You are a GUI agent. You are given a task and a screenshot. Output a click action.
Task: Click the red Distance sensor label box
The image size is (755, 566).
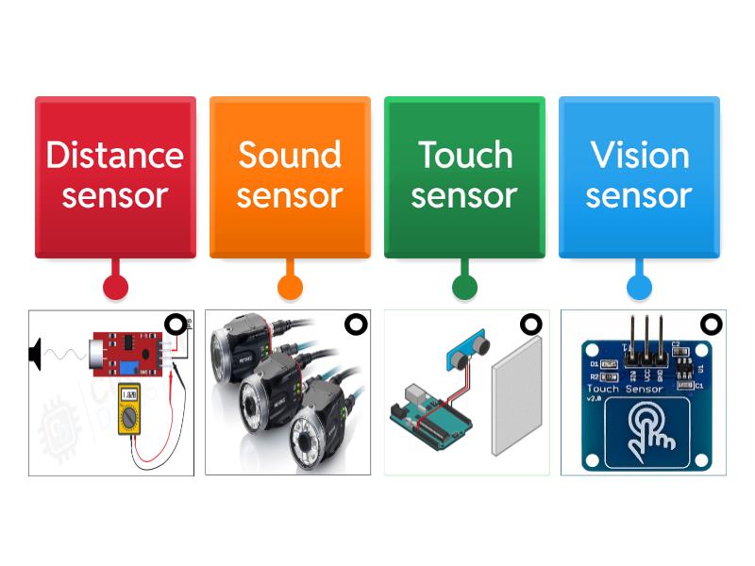tap(115, 176)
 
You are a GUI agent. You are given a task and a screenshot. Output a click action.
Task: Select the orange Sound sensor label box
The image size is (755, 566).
tap(290, 176)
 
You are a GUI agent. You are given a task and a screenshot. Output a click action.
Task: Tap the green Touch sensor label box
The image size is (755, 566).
tap(464, 176)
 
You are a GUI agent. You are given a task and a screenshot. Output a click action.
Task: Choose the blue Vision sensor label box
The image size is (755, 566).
tap(639, 176)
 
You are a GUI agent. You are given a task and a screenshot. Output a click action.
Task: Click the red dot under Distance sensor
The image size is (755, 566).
tap(115, 287)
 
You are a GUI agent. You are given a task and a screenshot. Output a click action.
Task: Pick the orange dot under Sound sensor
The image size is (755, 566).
tap(290, 287)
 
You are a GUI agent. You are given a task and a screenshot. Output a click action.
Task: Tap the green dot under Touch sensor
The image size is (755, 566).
tap(464, 287)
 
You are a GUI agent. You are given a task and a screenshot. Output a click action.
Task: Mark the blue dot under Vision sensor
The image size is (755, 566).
tap(639, 287)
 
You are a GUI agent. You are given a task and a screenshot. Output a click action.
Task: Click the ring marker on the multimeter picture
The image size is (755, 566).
tap(176, 325)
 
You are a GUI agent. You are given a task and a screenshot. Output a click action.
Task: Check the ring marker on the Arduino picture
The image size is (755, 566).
tap(531, 325)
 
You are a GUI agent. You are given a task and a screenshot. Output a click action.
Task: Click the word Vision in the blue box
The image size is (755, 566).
tap(639, 155)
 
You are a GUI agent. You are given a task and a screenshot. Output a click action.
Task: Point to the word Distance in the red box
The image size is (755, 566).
tap(115, 155)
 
